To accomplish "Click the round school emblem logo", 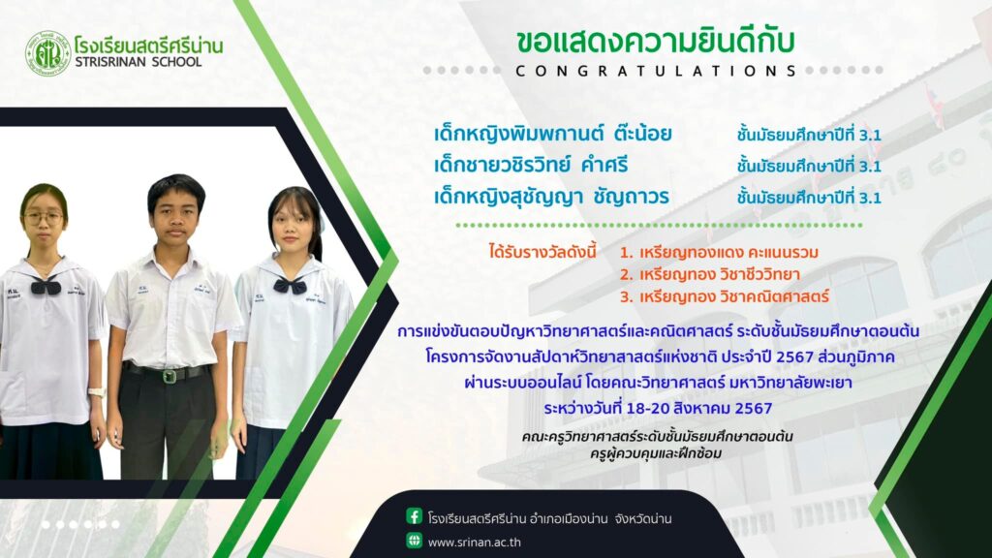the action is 47,54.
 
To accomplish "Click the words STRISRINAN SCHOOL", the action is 139,62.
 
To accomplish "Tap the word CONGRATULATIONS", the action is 656,70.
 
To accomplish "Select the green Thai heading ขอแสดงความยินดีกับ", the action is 655,41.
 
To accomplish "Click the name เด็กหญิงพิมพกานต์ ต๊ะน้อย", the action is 552,134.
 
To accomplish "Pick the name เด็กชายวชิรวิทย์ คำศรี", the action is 531,165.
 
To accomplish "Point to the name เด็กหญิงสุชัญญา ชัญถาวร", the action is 551,197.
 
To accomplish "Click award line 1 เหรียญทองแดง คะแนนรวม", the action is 719,253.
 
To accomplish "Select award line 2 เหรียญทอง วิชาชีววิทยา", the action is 710,274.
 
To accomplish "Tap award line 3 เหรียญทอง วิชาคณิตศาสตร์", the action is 724,296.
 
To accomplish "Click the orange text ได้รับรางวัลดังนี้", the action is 542,252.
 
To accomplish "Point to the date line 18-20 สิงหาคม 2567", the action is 658,408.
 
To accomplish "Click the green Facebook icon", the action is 414,516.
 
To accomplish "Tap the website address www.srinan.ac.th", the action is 475,542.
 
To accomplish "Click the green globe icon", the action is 414,541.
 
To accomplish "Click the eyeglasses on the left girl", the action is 44,218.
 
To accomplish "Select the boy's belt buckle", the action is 169,376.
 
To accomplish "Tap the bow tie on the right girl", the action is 290,286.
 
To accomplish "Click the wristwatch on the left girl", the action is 96,393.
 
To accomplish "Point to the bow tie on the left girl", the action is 46,287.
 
